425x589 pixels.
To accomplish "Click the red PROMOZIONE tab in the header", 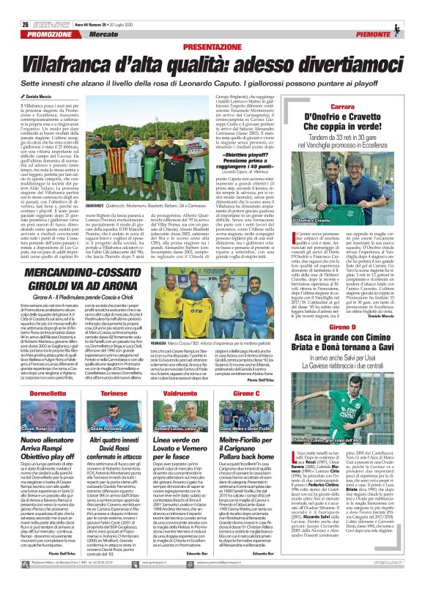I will pos(34,34).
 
